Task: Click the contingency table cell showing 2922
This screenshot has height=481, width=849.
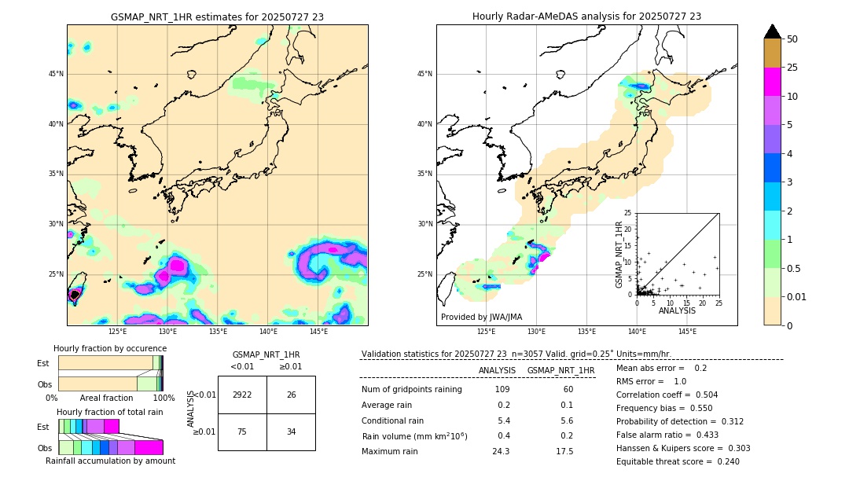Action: click(x=242, y=395)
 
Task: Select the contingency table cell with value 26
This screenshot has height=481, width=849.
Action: click(x=291, y=395)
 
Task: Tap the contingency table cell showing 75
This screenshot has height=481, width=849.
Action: click(x=242, y=431)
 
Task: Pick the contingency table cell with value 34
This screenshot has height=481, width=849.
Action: click(x=291, y=431)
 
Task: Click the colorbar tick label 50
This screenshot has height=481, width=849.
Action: click(x=792, y=39)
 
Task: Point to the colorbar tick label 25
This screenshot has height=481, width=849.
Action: click(x=792, y=68)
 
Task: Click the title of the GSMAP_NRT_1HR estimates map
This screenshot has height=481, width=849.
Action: click(x=217, y=17)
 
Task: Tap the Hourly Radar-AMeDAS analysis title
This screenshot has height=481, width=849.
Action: click(x=586, y=17)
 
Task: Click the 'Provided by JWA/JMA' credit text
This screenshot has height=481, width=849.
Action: click(x=481, y=317)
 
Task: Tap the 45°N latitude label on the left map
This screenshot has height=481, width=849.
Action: click(x=56, y=74)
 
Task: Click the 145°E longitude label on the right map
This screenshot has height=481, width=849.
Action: click(x=687, y=332)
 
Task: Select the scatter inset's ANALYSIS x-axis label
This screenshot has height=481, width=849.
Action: click(x=677, y=311)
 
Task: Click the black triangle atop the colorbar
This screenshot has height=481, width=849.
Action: click(x=773, y=31)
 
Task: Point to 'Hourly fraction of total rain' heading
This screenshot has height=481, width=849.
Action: click(x=110, y=413)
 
